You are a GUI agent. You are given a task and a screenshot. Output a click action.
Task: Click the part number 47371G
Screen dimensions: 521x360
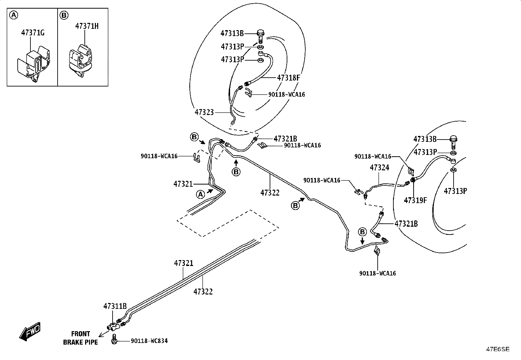[x=33, y=33]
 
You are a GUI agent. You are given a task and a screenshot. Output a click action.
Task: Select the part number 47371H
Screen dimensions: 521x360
[x=87, y=26]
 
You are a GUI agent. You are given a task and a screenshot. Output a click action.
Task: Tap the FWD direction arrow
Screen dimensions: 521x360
[x=30, y=332]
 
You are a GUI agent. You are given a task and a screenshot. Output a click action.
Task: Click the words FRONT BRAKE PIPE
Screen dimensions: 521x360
[x=81, y=338]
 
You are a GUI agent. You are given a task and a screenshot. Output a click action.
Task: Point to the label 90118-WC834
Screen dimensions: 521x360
[x=149, y=341]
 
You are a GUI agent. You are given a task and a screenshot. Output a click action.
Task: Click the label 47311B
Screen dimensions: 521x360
[x=115, y=306]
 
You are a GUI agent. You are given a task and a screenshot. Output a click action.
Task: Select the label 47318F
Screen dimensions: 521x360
[x=288, y=78]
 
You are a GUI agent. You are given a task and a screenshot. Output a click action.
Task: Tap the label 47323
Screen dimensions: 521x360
[x=204, y=112]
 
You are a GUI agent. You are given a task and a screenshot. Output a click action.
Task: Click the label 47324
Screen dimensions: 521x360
[x=379, y=167]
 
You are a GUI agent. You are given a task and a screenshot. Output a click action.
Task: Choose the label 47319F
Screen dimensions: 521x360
[x=415, y=200]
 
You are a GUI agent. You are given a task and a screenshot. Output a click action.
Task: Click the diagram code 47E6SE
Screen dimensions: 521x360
[x=498, y=349]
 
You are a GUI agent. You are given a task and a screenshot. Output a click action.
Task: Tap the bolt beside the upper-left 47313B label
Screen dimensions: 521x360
[x=261, y=36]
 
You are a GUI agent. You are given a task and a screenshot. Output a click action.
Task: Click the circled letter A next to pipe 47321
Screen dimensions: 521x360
[x=201, y=194]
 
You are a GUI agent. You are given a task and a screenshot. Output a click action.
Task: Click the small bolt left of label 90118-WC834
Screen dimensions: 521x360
[x=114, y=339]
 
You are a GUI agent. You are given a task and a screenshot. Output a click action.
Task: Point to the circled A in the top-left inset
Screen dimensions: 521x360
[x=13, y=15]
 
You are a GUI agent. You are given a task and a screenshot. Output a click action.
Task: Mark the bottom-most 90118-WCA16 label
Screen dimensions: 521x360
[x=377, y=273]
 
